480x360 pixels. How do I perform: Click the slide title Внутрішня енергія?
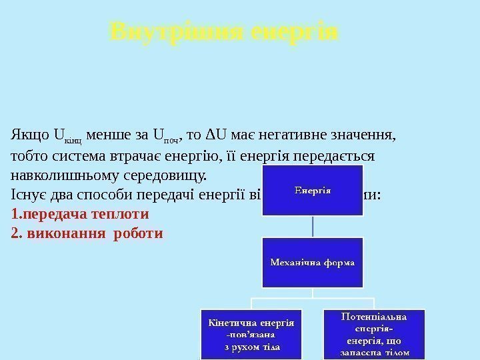pos(225,31)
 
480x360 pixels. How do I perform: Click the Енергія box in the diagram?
pos(313,191)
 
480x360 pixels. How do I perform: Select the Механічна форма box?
pos(313,262)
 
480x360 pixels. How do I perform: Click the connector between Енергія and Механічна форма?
pos(313,227)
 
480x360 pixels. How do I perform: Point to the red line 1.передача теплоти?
pos(81,215)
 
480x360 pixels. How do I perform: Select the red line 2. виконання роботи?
pos(87,234)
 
